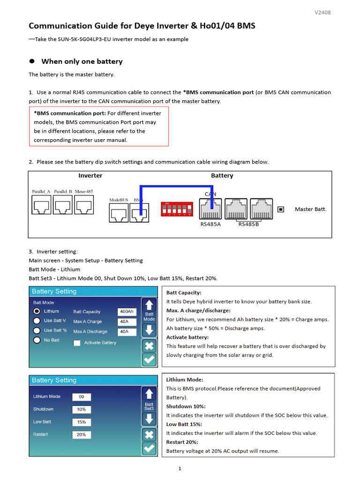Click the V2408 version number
click(322, 12)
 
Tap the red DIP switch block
click(176, 209)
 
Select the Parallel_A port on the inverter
click(41, 205)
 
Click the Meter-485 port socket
click(84, 205)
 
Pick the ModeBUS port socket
click(119, 213)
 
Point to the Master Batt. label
click(310, 209)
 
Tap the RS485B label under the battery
click(248, 224)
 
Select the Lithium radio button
click(37, 311)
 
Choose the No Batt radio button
click(37, 340)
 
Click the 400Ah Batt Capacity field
click(127, 312)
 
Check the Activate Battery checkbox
click(77, 343)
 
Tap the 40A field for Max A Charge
click(127, 322)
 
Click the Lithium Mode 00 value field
click(82, 397)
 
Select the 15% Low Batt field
click(82, 422)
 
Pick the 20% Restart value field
click(82, 435)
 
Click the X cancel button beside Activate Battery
click(149, 346)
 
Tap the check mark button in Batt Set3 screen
click(149, 448)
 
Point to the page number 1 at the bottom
click(180, 468)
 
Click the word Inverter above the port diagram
click(90, 176)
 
